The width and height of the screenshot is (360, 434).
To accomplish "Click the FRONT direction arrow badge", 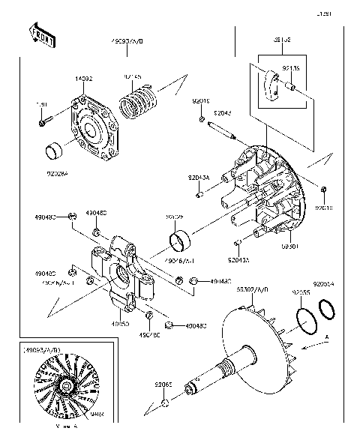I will point(41,35).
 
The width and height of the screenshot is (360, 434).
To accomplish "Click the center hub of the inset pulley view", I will point(65,387).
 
